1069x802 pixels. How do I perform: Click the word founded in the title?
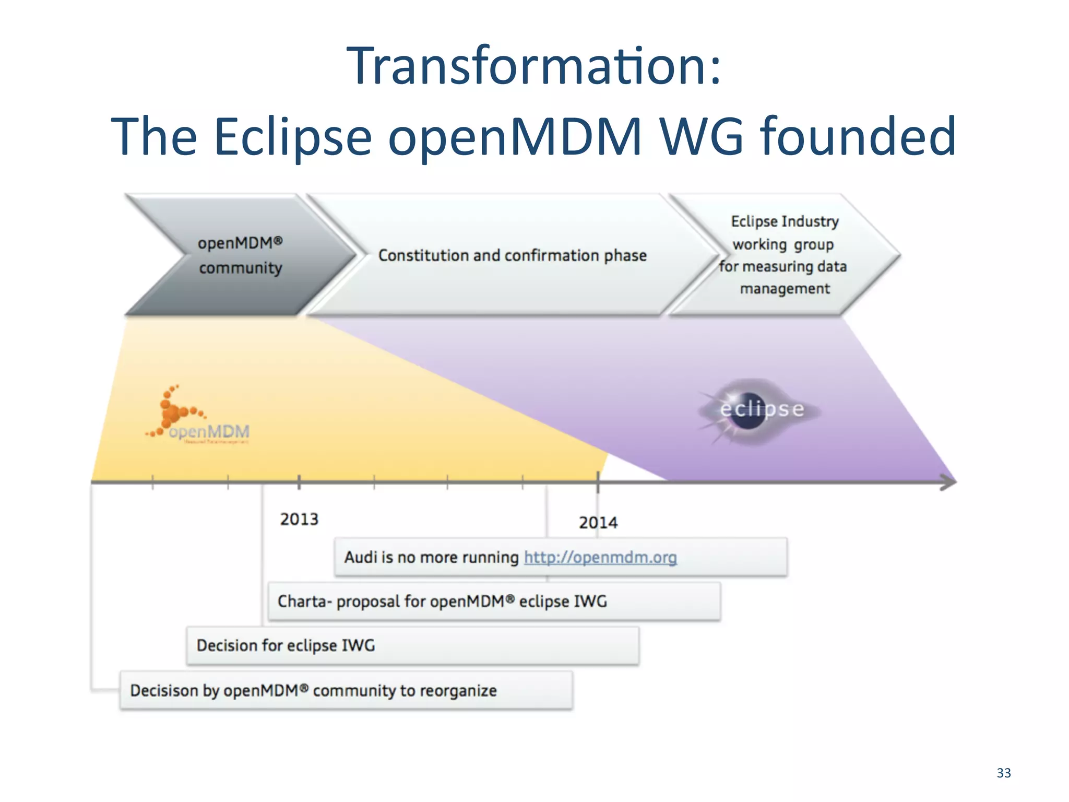coord(858,137)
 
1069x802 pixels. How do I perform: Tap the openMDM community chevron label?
coord(240,255)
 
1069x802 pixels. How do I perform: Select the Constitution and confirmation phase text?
coord(512,255)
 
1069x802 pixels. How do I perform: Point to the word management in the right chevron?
coord(785,289)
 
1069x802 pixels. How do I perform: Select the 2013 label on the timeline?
coord(299,519)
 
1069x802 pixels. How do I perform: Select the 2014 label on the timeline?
coord(598,522)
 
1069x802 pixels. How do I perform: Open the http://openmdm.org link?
coord(600,558)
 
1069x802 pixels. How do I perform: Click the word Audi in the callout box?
coord(361,557)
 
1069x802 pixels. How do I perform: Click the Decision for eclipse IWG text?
coord(286,645)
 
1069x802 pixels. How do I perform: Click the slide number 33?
coord(1003,773)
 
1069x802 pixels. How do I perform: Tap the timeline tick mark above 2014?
coord(598,481)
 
